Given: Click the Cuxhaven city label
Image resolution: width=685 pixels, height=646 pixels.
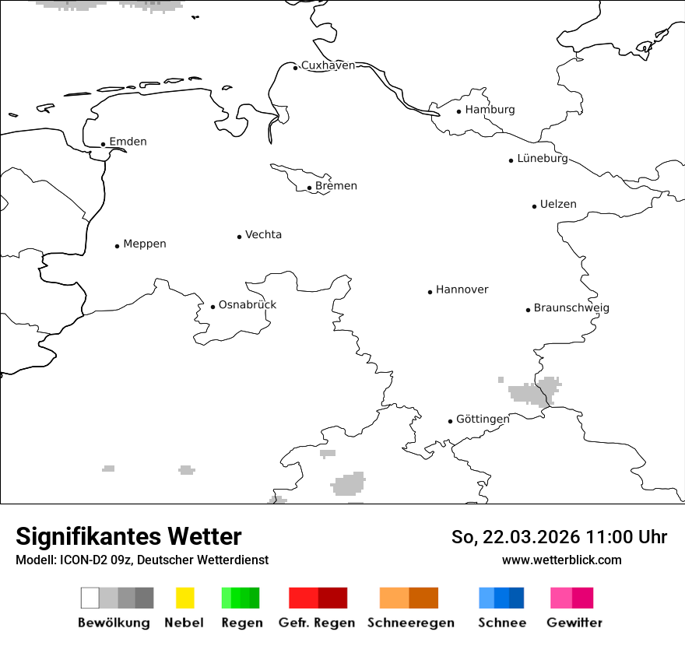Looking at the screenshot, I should [328, 65].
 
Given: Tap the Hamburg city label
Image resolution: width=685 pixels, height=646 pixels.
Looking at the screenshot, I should [490, 110].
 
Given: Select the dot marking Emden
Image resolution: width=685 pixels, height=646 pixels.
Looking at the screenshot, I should [103, 144].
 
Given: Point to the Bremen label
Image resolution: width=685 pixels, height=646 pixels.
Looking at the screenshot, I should [336, 186].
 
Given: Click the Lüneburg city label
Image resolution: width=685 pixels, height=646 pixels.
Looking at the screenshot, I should [543, 159].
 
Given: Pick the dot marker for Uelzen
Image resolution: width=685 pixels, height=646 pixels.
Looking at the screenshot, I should [534, 206].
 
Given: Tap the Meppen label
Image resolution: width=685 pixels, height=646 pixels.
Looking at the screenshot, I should [145, 244].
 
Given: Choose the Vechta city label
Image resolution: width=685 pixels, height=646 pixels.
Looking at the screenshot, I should [263, 235].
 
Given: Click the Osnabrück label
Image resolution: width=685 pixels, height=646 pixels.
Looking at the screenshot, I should [248, 305].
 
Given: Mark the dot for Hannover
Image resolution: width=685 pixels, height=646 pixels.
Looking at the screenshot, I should [430, 292].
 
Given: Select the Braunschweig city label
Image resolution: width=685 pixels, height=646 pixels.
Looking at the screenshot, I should [571, 308].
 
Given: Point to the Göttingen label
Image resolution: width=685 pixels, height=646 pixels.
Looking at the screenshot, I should [483, 420].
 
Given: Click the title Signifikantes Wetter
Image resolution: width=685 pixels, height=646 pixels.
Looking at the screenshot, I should [128, 537].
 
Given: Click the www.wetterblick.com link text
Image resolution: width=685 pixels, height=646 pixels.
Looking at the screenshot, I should [561, 560].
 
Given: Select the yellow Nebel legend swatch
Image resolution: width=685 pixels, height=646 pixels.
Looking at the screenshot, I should [184, 598].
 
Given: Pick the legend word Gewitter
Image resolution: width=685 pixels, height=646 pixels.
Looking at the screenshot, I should [574, 623].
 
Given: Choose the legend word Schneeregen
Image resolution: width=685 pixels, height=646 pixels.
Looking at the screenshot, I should [411, 623].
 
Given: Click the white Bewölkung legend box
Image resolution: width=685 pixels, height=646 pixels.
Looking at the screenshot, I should [90, 598].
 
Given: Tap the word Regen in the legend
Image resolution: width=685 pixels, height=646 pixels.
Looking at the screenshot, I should [242, 623].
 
